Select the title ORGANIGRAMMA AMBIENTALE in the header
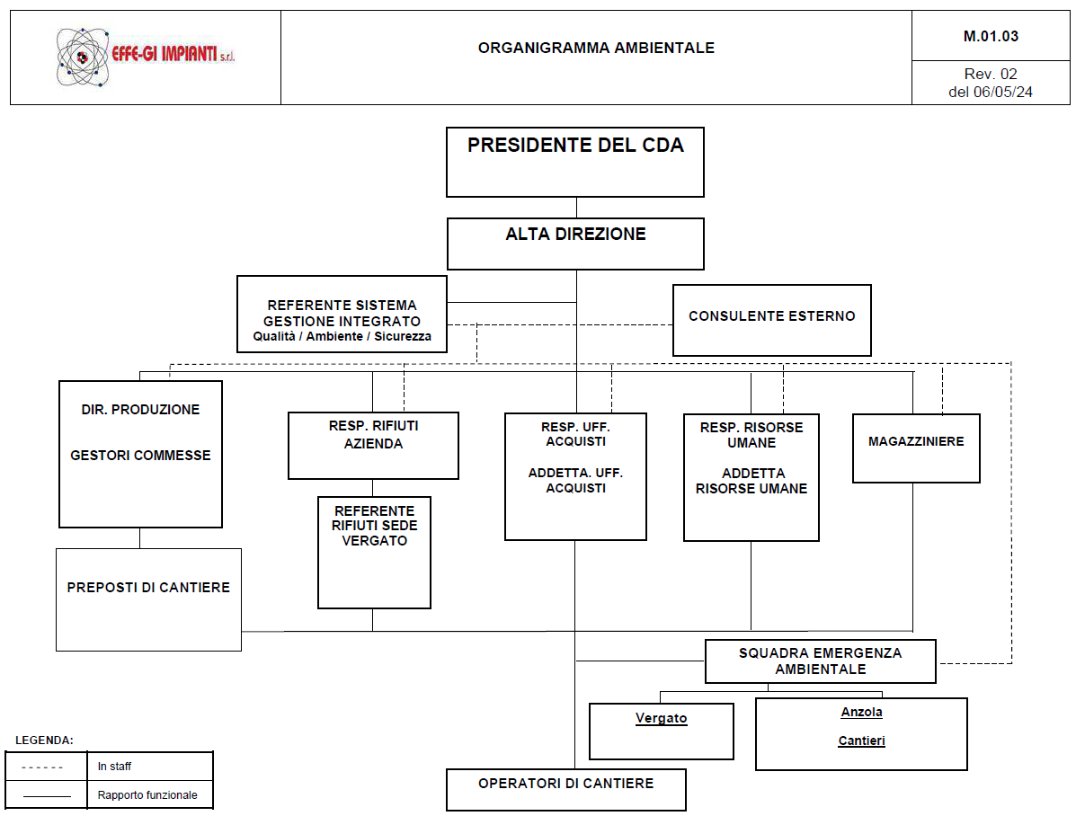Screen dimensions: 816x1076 tap(596, 48)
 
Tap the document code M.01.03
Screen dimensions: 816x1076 tap(991, 37)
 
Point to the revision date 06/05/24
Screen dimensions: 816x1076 tap(1003, 91)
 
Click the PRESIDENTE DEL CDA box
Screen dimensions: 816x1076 tap(575, 162)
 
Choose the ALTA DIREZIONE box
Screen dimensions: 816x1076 tap(575, 244)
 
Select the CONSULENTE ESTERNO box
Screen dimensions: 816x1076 tap(772, 320)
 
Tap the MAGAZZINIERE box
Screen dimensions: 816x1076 tap(916, 448)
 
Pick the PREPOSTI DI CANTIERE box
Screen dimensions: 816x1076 tap(148, 599)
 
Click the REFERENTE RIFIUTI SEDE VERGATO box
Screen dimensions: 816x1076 tap(374, 552)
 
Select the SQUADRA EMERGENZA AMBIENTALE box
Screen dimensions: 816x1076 tap(820, 661)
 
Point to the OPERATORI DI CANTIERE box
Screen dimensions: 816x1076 tap(566, 789)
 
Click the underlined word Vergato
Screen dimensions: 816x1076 tap(661, 718)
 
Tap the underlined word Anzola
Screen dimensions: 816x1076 tap(861, 712)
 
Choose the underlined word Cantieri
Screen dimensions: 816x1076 tap(861, 741)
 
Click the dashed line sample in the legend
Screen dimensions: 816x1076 tap(43, 767)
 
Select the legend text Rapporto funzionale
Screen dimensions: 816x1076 tap(147, 795)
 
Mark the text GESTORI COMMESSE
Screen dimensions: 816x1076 tap(140, 456)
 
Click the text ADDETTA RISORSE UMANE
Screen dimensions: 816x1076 tap(752, 481)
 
